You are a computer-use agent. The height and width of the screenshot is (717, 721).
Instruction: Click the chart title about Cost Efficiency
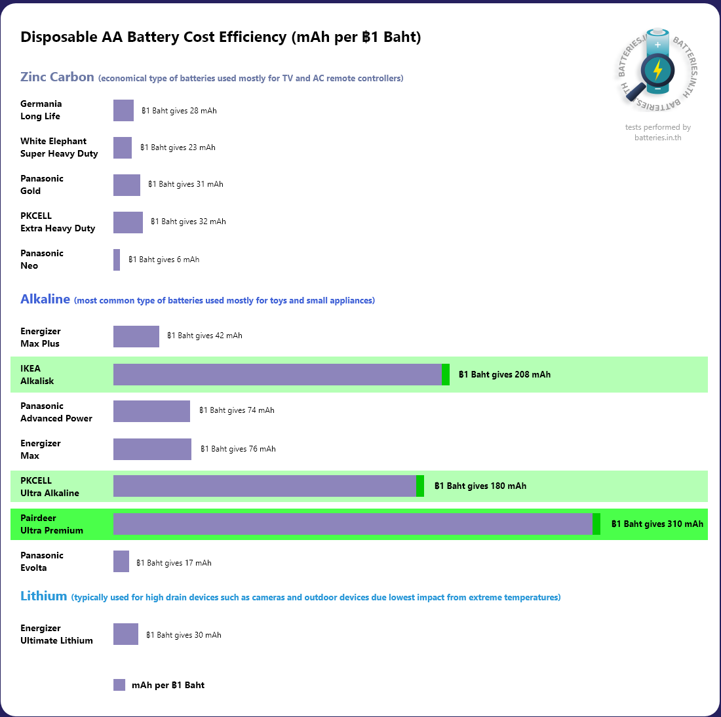coord(220,37)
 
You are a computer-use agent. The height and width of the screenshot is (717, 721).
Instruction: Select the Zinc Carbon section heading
coord(58,77)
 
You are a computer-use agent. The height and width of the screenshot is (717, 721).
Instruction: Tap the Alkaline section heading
coord(45,300)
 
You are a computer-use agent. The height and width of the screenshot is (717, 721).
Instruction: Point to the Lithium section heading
coord(44,596)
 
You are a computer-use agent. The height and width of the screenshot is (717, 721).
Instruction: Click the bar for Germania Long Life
coord(123,111)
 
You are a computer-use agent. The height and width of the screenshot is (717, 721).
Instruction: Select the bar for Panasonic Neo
coord(117,260)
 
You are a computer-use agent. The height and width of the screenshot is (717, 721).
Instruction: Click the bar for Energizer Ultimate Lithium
coord(126,634)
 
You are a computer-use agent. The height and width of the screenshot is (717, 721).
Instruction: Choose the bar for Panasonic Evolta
coord(121,562)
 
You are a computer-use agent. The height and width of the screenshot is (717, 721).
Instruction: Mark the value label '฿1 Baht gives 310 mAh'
coord(657,524)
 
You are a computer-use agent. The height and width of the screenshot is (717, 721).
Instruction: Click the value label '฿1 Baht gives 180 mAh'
coord(480,486)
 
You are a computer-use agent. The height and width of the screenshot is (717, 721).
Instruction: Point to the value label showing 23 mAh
coord(178,148)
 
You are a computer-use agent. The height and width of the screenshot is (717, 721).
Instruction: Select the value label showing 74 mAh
coord(237,411)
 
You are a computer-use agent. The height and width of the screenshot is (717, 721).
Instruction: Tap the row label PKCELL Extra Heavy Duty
coord(58,222)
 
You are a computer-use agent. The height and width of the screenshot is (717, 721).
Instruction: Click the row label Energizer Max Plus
coord(41,338)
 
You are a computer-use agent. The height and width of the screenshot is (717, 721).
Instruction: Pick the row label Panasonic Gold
coord(42,185)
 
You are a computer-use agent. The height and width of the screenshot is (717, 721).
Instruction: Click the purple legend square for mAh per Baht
coord(119,685)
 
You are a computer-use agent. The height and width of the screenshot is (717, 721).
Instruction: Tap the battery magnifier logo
coord(657,69)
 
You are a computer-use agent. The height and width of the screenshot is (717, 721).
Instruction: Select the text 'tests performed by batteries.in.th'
coord(657,132)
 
